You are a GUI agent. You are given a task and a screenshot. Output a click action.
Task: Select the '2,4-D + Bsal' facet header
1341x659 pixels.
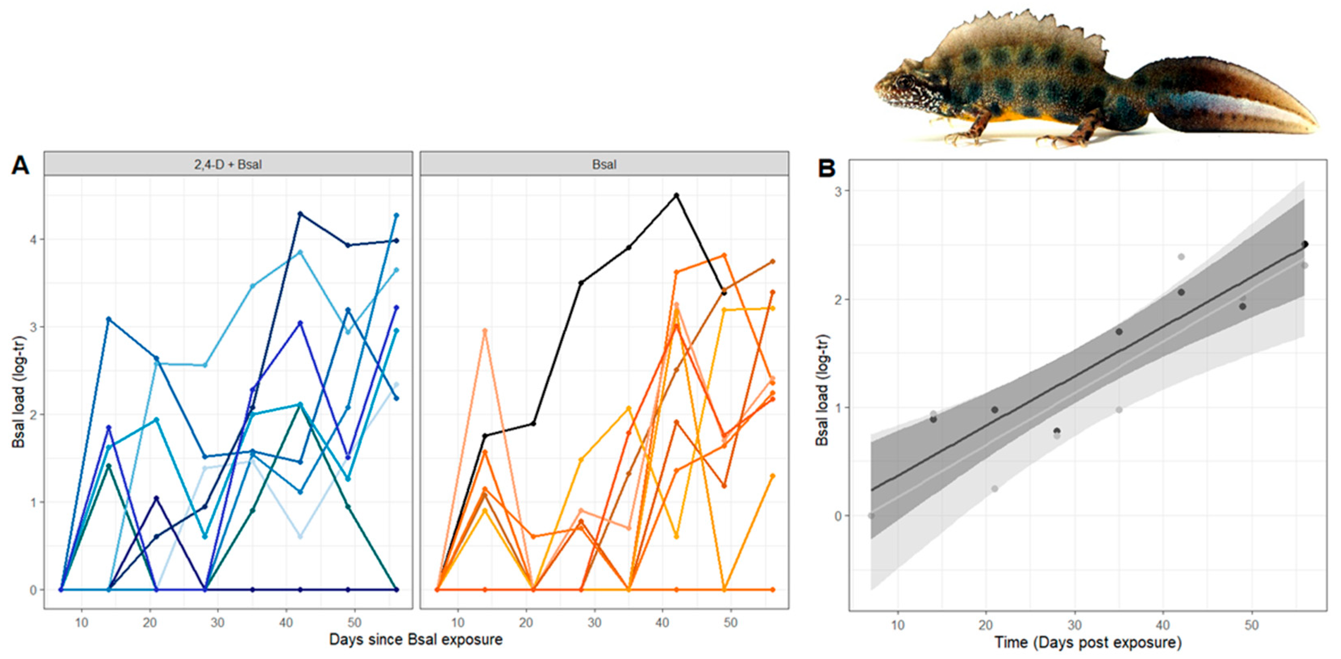point(228,165)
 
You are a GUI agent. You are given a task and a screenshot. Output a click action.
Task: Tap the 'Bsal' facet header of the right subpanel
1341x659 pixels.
point(604,165)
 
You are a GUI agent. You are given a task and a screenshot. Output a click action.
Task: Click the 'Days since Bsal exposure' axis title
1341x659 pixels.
point(415,639)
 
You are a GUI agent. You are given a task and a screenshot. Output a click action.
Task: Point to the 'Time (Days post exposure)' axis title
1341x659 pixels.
point(1087,642)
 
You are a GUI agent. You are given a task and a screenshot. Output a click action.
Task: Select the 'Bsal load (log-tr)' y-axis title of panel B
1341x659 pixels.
point(822,390)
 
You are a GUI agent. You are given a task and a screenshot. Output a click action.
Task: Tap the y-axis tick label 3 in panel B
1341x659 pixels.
point(837,191)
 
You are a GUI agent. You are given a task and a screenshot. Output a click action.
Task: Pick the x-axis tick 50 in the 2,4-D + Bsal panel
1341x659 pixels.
point(354,623)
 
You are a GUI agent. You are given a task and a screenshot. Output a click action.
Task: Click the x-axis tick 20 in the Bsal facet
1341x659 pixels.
point(526,623)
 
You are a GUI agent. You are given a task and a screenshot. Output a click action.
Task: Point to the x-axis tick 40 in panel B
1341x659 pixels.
point(1163,625)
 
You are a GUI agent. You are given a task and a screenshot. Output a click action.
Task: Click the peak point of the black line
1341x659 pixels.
point(677,195)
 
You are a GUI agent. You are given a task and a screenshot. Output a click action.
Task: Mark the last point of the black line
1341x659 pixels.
point(724,293)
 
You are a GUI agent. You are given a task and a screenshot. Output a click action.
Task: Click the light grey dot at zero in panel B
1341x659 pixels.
point(871,516)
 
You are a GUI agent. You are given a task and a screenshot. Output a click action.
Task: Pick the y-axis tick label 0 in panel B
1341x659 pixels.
point(837,516)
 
